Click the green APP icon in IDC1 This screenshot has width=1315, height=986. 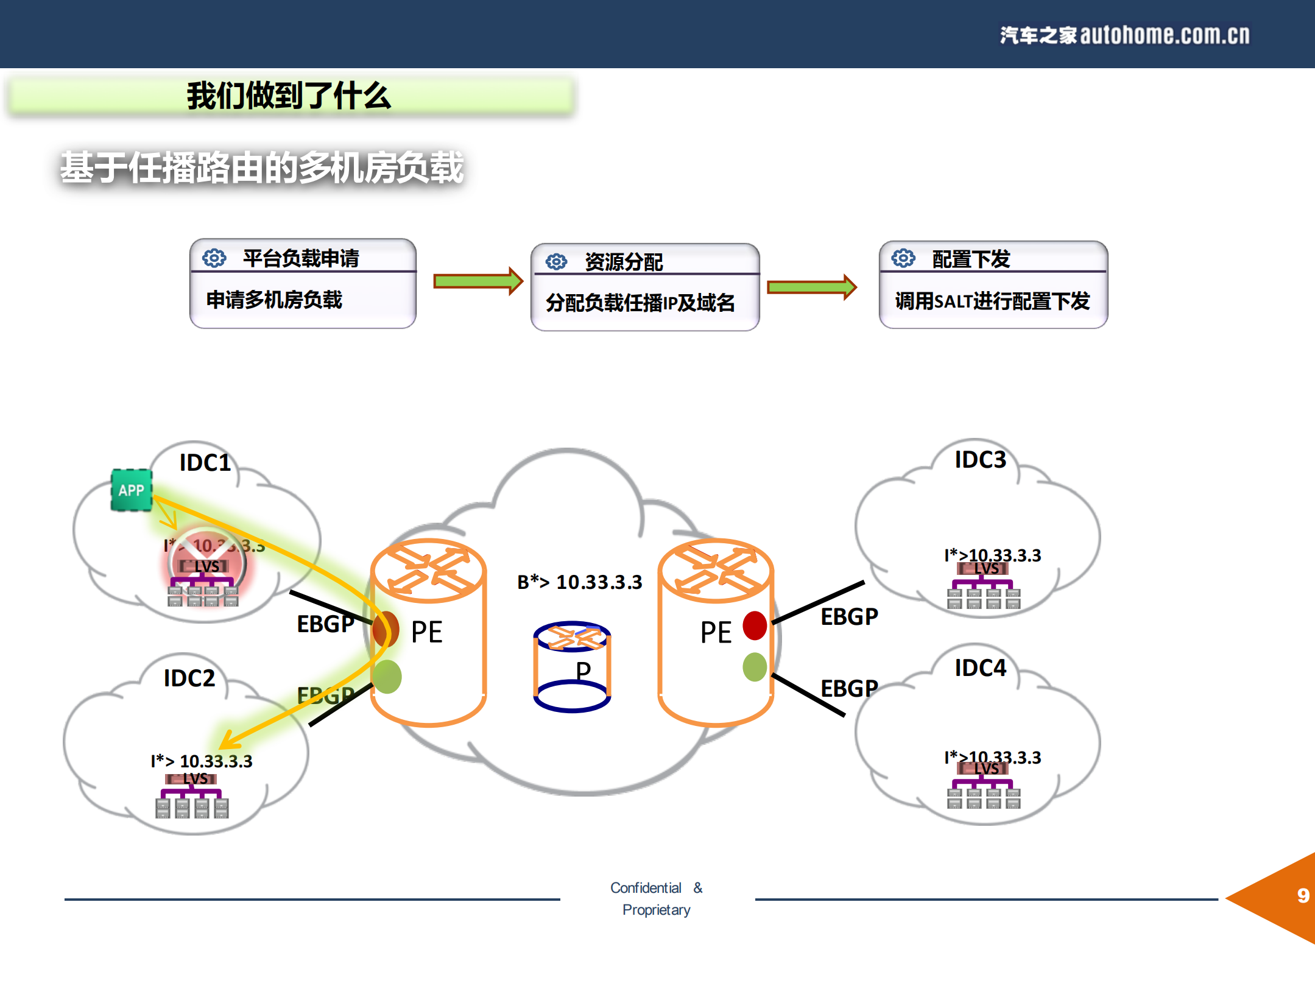[131, 490]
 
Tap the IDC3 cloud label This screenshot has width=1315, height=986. [980, 460]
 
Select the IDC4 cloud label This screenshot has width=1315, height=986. [980, 668]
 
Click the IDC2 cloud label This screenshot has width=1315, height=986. [189, 678]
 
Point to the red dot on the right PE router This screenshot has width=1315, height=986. [755, 625]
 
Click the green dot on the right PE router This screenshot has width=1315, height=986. [755, 667]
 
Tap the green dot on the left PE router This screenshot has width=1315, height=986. [387, 677]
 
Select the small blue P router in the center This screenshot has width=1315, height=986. [571, 666]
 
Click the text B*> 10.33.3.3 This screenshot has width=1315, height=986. [579, 582]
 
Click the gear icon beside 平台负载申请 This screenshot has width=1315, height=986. [214, 258]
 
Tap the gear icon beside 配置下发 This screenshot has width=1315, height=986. [903, 258]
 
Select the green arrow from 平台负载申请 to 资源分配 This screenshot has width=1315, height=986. [478, 281]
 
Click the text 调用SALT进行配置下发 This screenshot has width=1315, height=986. [992, 301]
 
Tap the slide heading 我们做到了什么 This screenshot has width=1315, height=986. [289, 96]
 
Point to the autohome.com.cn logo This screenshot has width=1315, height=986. [1124, 35]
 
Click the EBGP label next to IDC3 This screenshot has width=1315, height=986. [849, 616]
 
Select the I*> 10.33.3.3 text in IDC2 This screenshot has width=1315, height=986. [201, 761]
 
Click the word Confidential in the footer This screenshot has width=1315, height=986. [646, 888]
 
